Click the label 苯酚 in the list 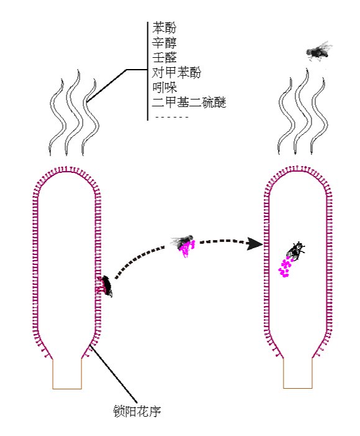coord(164,28)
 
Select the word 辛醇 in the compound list coord(164,43)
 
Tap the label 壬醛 coord(164,58)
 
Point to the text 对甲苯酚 coord(177,73)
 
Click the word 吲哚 coord(164,88)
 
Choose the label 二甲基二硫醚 coord(189,103)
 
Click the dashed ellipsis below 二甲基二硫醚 coord(172,117)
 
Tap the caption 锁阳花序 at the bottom coord(137,411)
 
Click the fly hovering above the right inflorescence coord(318,52)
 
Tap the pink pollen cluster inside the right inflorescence coord(285,267)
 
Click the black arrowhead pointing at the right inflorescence coord(254,244)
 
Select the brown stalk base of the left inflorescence coord(67,374)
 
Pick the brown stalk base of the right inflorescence coord(298,373)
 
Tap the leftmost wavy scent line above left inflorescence coord(58,117)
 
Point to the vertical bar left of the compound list coord(147,71)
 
